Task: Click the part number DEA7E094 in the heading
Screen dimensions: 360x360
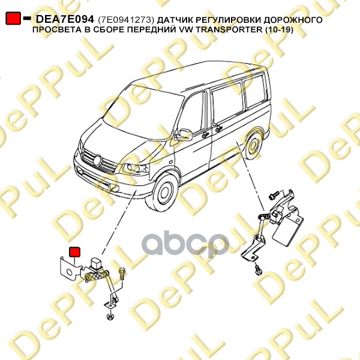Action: (x=65, y=19)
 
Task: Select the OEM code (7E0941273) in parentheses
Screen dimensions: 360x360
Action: (x=126, y=20)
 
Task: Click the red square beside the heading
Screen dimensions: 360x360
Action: (x=13, y=18)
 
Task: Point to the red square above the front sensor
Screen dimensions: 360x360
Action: (x=74, y=251)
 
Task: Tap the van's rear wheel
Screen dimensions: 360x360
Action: (x=254, y=146)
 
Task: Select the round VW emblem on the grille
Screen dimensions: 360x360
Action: (x=97, y=160)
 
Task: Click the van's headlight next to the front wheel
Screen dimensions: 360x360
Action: (x=135, y=169)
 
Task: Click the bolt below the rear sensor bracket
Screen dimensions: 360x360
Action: (x=258, y=269)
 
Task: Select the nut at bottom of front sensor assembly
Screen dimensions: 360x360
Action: (x=109, y=316)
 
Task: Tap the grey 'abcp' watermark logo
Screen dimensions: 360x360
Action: (x=185, y=244)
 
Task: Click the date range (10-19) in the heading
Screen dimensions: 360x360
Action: (x=279, y=30)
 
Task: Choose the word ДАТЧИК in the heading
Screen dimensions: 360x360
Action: (x=174, y=20)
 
